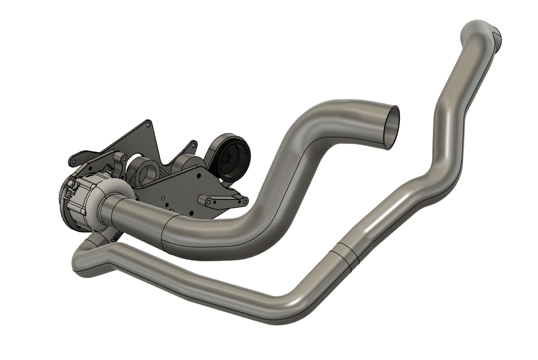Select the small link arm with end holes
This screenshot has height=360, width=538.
point(223,201)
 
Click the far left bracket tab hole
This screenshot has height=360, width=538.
point(73,162)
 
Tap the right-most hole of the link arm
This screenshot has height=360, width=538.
point(244,201)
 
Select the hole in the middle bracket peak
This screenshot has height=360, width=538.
point(191,145)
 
